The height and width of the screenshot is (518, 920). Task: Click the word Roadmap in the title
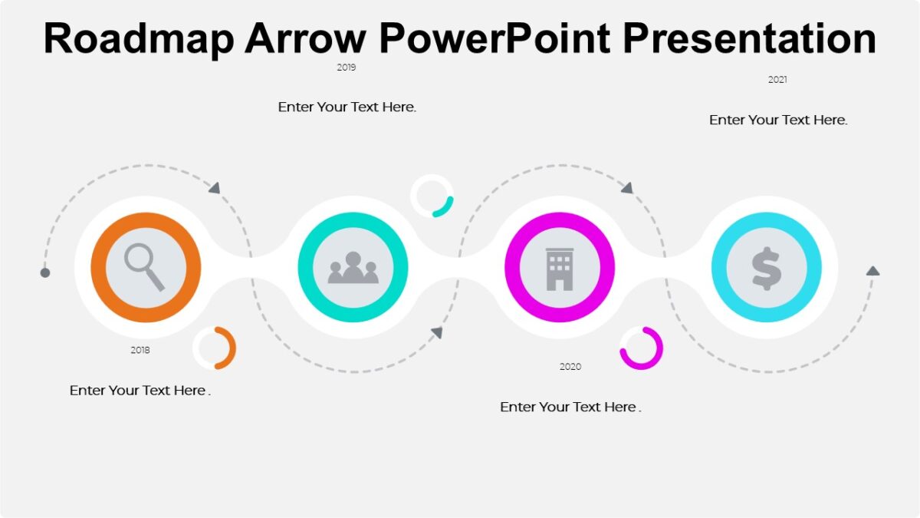pos(139,38)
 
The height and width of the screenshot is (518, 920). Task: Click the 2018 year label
pos(140,350)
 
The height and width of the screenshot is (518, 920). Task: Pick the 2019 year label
pos(347,68)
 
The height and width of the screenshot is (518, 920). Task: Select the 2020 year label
pos(570,367)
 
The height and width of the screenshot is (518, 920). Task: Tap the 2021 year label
pos(777,80)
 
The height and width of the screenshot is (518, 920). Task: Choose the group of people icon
pos(353,268)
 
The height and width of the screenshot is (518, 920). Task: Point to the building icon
pos(560,268)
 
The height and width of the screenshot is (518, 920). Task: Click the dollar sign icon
pos(767,268)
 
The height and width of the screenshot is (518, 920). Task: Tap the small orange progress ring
pos(215,348)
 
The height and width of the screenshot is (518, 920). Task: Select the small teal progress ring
pos(432,196)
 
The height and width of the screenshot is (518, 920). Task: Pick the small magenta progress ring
pos(641,348)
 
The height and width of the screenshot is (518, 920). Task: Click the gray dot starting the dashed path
pos(45,272)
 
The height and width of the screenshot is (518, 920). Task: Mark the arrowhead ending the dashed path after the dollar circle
pos(872,271)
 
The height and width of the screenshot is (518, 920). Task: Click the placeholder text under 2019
pos(347,107)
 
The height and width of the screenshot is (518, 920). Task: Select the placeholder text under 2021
pos(778,120)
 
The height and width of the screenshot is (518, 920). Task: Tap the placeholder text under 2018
pos(140,391)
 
